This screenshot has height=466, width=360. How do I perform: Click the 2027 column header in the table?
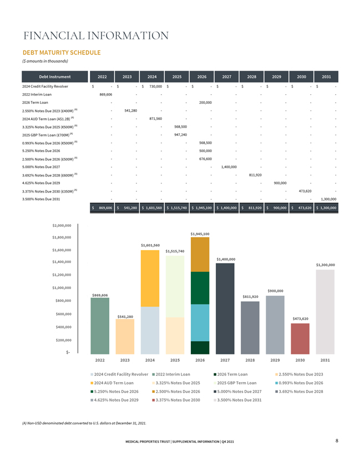point(226,77)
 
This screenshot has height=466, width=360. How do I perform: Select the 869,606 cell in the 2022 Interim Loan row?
point(105,94)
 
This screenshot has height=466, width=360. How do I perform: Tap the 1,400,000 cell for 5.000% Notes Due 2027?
point(229,167)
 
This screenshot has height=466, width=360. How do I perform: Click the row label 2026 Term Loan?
point(35,103)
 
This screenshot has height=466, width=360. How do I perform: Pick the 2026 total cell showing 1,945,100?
point(202,207)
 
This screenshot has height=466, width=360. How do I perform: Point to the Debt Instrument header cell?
point(55,77)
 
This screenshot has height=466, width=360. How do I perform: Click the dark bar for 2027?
point(225,308)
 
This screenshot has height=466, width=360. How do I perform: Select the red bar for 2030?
point(300,338)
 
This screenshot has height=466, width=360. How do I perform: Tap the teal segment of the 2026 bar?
point(200,323)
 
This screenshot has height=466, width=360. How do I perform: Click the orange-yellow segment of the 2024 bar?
point(150,278)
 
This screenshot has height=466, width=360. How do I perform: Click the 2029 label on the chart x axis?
point(275,360)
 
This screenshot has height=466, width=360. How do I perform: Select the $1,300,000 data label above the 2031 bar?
point(325,265)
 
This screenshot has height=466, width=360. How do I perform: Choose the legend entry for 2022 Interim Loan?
point(171,374)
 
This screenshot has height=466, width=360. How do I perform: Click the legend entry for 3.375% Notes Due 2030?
point(176,400)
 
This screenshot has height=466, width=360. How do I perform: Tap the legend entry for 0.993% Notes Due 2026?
point(299,383)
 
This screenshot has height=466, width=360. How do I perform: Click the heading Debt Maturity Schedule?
point(62,53)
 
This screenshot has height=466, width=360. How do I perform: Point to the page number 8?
point(337,440)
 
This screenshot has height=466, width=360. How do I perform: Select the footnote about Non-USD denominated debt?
point(84,423)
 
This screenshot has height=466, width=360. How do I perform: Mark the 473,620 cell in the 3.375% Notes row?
point(305,191)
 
